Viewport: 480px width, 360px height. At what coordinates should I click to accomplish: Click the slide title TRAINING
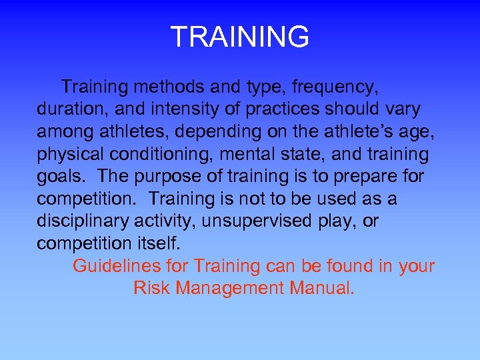coord(239,37)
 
